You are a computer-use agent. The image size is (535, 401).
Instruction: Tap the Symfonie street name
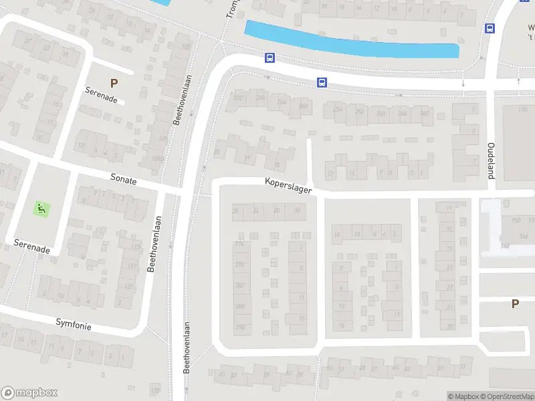74,325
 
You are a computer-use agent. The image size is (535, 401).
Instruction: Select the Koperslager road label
288,185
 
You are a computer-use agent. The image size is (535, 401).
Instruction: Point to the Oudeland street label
491,160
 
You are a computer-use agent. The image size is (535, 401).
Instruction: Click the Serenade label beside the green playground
31,245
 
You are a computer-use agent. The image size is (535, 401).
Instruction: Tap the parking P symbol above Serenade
114,84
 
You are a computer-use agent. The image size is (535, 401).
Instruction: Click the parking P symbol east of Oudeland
515,303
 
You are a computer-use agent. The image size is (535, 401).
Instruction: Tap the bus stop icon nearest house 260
322,83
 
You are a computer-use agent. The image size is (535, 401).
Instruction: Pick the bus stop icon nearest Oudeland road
490,28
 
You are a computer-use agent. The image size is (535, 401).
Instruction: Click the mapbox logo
29,393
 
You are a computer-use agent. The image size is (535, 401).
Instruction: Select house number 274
239,244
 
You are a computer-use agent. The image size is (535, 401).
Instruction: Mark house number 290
239,327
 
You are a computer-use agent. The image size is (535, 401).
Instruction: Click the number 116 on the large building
522,109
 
